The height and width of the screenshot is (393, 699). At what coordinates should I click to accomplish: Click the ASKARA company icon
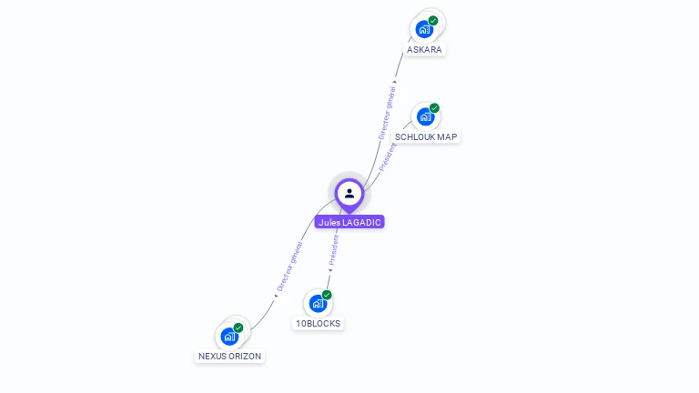coord(424,29)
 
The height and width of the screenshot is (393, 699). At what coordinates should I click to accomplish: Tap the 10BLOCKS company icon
coord(318,304)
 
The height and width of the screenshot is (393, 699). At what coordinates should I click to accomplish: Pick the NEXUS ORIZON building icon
coord(229,337)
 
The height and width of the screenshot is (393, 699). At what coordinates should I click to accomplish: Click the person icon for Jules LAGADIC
coord(349,193)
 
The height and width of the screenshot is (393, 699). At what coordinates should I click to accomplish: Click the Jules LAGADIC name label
coord(349,222)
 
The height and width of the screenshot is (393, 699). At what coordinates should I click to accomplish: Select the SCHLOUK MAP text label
coord(427,136)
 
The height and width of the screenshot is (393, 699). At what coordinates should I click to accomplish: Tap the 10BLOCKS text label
coord(319,324)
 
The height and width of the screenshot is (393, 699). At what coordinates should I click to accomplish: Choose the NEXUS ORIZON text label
coord(230,357)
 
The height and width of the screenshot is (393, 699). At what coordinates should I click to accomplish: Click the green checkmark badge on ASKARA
coord(433,20)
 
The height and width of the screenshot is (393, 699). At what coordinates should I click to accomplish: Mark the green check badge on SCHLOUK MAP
coord(434,108)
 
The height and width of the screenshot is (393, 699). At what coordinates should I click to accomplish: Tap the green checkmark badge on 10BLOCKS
coord(327,295)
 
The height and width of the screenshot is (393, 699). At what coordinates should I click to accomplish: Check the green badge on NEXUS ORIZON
coord(238,327)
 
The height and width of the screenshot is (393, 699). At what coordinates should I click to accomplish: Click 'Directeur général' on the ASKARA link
coord(388,112)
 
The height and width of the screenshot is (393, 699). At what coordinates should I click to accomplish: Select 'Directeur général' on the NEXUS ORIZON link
coord(289,267)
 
